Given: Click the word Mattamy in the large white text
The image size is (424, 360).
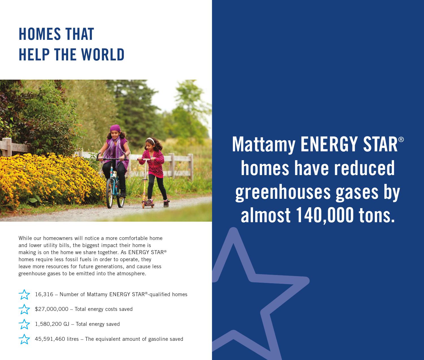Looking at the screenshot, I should tap(263, 144).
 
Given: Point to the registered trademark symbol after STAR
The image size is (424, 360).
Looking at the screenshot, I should tap(401, 140).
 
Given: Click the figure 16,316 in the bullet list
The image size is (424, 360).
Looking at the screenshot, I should tap(44, 294).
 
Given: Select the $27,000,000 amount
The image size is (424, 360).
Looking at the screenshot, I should tap(52, 309).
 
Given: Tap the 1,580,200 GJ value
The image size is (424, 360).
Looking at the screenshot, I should tap(52, 324).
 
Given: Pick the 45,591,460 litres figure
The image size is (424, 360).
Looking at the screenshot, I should tap(57, 339).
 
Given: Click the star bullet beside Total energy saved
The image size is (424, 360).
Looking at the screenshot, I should tap(24, 324).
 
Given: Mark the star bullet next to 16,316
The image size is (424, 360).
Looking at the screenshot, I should tap(24, 294).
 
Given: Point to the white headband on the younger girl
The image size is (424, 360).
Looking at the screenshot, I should tap(151, 139).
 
